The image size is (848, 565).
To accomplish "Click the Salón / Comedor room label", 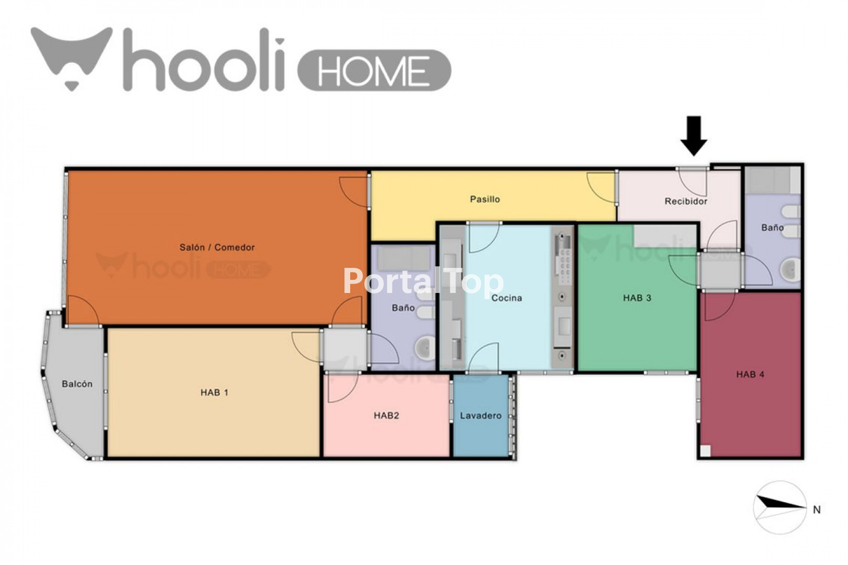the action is coord(217,247).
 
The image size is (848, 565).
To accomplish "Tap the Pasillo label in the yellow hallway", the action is coord(485,199).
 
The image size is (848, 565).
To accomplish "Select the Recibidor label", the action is coord(686,201).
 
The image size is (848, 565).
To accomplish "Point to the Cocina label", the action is coord(507,298).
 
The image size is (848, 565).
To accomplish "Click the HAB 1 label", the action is coord(214,392).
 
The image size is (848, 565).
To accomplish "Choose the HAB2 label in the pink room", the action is coord(386,415).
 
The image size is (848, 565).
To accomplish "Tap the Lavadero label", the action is coord(481,415).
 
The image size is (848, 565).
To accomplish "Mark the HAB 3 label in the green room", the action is coord(637,298).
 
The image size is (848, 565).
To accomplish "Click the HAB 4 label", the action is coord(750,375).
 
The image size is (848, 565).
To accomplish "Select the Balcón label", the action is coord(77,384).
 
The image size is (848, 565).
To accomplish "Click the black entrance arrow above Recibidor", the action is coord(694,135).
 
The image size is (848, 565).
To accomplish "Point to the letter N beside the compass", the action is coord(817,510).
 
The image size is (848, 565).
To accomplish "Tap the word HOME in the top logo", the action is coord(374,71).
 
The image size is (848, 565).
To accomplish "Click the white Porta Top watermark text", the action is coord(423,281).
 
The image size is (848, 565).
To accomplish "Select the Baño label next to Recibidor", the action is coord(772,228).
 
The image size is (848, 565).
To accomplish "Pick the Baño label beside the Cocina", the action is coord(403,308).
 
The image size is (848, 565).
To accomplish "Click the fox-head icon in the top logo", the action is coord(72,57).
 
